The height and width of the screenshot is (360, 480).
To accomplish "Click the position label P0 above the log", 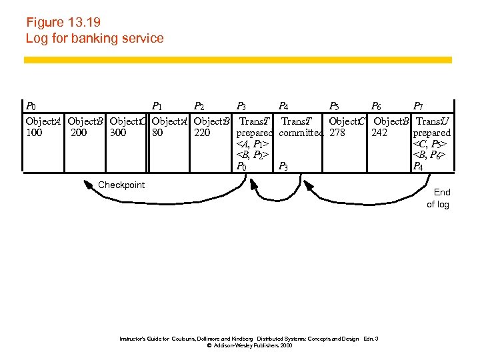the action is pos(31,106).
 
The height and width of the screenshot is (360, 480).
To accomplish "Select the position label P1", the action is pos(158,106).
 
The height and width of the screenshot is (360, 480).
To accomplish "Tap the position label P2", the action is pos(199,106).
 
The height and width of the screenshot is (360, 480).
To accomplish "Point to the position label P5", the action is pos(335,106).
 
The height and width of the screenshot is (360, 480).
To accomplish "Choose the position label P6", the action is pos(377,106).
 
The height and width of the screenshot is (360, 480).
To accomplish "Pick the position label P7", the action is pos(418,106).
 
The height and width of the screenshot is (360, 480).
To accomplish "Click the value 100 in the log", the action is pos(34,133).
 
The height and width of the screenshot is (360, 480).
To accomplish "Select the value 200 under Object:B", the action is pos(78,133).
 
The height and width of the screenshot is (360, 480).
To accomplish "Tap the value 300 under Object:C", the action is pos(118,133).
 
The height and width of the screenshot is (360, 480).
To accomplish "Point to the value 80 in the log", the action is pos(157,133).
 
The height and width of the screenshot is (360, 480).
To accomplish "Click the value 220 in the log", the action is pos(202,133).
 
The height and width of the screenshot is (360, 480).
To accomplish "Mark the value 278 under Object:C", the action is pos(337,133).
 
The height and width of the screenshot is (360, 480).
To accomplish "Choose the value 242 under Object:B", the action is pos(379,133).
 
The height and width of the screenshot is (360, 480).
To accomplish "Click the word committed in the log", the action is pos(301,133).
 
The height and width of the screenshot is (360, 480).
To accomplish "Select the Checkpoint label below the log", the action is pos(121,185).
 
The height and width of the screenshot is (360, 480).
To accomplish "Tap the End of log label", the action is pos(439,199).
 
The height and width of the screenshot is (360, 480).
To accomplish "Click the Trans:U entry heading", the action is pos(432,121).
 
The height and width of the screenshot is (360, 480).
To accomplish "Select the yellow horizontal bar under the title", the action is pos(237,60).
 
